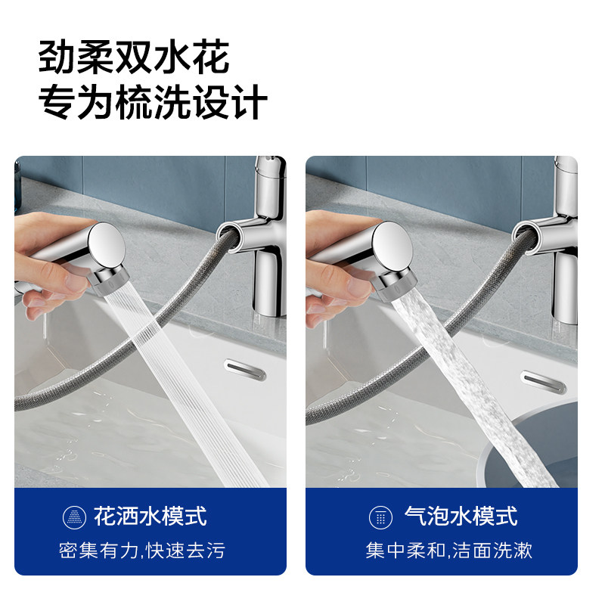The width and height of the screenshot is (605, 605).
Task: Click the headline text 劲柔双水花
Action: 134,59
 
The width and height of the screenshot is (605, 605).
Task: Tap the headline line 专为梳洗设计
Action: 153,103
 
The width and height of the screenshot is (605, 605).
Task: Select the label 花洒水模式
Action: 150,517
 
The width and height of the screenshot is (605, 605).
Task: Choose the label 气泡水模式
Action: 461,517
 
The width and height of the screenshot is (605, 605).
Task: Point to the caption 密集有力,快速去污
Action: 142,551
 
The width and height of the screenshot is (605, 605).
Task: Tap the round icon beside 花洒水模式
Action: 73,518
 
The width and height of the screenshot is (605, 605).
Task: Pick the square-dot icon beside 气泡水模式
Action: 380,518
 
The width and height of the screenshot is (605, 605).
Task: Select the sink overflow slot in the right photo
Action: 542,380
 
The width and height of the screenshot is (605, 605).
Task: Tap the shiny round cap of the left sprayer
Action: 108,249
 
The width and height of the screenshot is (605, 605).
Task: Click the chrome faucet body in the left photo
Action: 265,257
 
